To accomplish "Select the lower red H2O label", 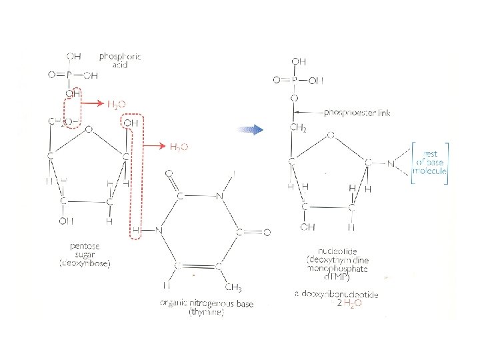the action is pyautogui.click(x=179, y=146).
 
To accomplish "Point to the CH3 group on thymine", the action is pyautogui.click(x=233, y=287).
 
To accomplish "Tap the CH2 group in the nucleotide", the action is pyautogui.click(x=297, y=128).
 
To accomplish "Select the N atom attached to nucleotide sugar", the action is pyautogui.click(x=392, y=163).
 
